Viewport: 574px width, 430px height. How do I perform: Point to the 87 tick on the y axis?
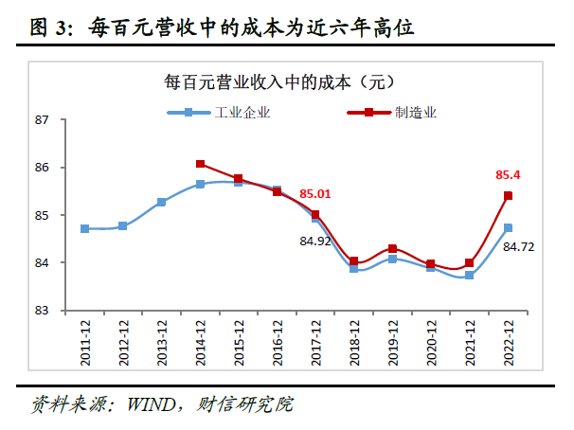(x=42, y=120)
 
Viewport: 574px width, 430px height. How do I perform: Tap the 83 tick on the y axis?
(x=42, y=310)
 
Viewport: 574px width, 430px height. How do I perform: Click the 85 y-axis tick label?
(x=42, y=215)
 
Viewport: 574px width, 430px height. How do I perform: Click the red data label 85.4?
(x=508, y=175)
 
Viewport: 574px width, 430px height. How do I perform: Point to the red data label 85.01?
(x=316, y=194)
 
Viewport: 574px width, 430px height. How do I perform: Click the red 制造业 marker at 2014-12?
(x=200, y=164)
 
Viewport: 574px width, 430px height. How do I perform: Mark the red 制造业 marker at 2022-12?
(x=508, y=196)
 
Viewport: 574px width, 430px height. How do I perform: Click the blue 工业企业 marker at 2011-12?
(x=84, y=228)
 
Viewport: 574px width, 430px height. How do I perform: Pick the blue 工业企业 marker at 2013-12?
(x=161, y=202)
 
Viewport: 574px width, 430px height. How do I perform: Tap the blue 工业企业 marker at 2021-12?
(x=469, y=275)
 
